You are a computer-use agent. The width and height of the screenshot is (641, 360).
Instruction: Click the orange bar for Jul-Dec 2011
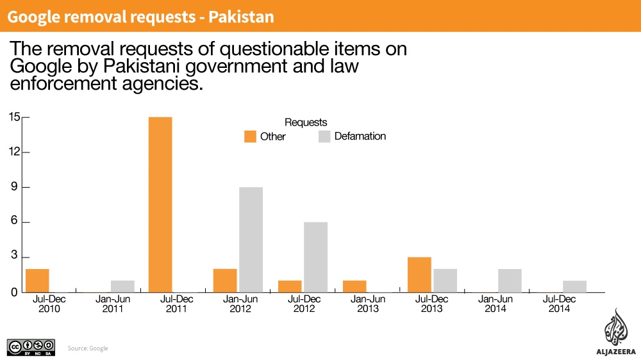(160, 204)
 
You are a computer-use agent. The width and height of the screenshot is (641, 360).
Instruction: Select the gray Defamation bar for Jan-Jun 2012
(251, 240)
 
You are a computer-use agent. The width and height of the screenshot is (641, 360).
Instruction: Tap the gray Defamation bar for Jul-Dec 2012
(315, 257)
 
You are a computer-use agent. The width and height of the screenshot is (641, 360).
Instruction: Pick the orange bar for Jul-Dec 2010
(37, 281)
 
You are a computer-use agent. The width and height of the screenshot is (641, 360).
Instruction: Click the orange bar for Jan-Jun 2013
(354, 286)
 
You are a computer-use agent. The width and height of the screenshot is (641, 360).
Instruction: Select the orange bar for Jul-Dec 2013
(419, 275)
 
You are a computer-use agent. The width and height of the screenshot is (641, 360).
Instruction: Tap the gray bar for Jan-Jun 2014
(510, 281)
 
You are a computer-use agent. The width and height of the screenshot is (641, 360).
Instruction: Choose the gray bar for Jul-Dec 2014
(574, 286)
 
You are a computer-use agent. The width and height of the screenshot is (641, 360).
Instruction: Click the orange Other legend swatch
(249, 136)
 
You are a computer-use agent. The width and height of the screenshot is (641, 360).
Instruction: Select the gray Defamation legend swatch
(324, 136)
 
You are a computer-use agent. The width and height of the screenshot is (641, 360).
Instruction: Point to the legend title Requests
(306, 122)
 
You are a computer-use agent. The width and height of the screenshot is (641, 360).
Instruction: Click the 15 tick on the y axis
(15, 117)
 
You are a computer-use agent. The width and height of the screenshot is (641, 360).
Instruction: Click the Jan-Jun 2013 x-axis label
(367, 304)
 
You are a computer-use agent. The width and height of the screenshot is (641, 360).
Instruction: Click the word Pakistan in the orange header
(240, 17)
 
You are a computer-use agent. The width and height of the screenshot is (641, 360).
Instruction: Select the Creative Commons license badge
(30, 347)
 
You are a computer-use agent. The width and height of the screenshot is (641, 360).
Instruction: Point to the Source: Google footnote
(88, 348)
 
